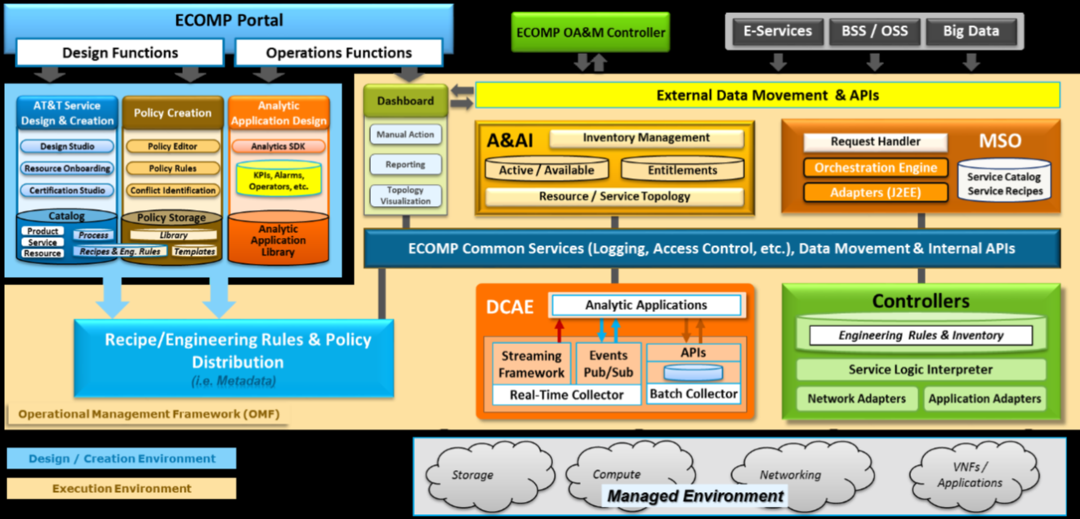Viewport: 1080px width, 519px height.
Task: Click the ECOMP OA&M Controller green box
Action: point(590,34)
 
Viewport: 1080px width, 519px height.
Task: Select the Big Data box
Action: point(971,32)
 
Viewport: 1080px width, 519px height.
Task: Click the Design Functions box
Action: point(120,53)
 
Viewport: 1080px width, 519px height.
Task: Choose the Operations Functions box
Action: point(338,53)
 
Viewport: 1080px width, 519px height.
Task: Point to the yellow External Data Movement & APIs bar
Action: point(767,96)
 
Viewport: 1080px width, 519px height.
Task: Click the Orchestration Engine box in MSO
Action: point(876,168)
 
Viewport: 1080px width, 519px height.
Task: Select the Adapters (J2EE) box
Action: point(876,193)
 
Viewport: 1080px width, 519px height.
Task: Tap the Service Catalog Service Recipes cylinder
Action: point(1004,183)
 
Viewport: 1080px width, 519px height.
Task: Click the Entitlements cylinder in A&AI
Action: point(682,170)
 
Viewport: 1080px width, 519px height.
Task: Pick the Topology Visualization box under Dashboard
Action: point(405,195)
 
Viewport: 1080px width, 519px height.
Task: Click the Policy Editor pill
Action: point(172,146)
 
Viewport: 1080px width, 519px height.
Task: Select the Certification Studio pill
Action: point(67,190)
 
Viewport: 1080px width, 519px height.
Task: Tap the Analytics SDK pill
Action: point(279,146)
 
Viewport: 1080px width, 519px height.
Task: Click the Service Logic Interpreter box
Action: point(921,369)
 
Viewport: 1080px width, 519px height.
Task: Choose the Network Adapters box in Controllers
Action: point(856,399)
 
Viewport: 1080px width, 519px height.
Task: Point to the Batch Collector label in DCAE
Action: point(694,394)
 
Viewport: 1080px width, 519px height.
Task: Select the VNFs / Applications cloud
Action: point(970,475)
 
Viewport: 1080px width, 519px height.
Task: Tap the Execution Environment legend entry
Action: point(121,489)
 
